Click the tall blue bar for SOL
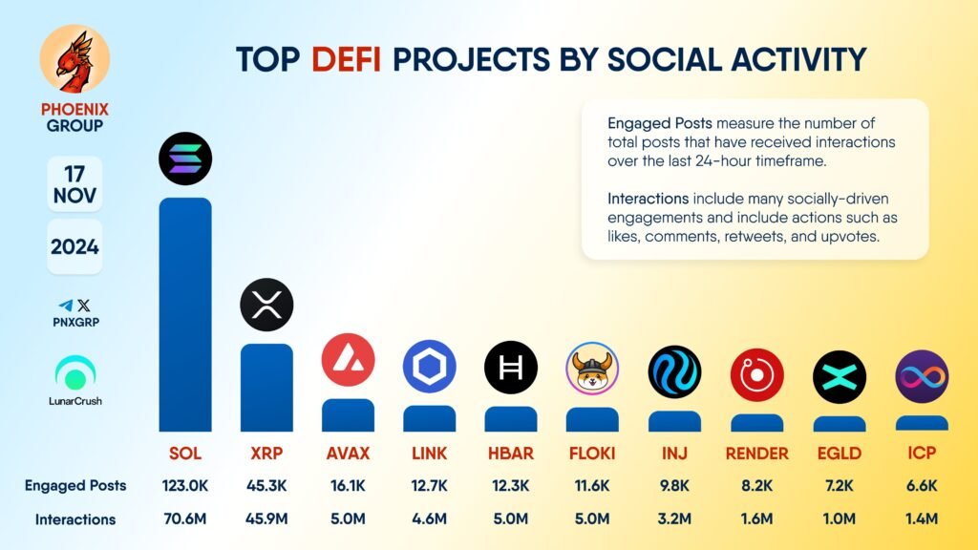[x=184, y=315]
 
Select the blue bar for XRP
[x=266, y=387]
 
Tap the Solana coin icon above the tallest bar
[x=185, y=159]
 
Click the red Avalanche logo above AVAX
[x=348, y=360]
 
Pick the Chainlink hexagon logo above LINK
[x=430, y=367]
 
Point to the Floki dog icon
[x=592, y=368]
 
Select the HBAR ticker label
[x=511, y=453]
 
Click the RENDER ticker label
[x=757, y=453]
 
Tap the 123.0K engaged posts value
[x=184, y=485]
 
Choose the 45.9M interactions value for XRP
[x=266, y=519]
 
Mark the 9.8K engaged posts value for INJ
[x=675, y=485]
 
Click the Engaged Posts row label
[x=75, y=485]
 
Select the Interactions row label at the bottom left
[x=75, y=519]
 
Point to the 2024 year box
[x=74, y=246]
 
